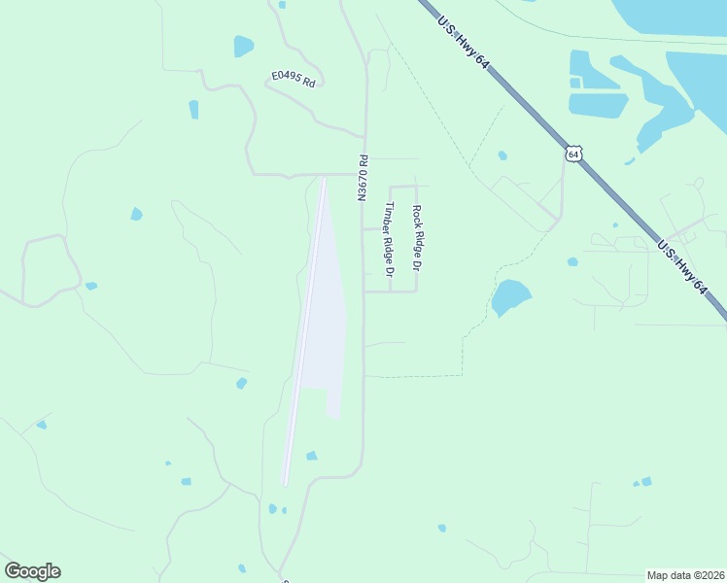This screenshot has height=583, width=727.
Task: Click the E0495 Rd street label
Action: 295,79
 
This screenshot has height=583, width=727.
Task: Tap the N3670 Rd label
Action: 363,178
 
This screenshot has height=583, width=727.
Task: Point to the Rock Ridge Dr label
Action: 417,238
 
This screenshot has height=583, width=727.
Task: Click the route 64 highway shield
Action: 574,154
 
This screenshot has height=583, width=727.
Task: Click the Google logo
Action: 32,571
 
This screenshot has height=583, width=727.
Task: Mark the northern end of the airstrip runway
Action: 324,180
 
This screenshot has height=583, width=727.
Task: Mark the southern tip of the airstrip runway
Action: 284,483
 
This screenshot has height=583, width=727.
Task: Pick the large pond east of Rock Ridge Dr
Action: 510,296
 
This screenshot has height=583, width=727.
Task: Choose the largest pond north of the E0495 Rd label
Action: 243,46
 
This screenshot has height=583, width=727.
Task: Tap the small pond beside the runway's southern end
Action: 311,456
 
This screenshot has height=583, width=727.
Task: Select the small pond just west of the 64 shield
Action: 502,155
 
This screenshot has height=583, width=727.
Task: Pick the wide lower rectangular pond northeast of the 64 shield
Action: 598,105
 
